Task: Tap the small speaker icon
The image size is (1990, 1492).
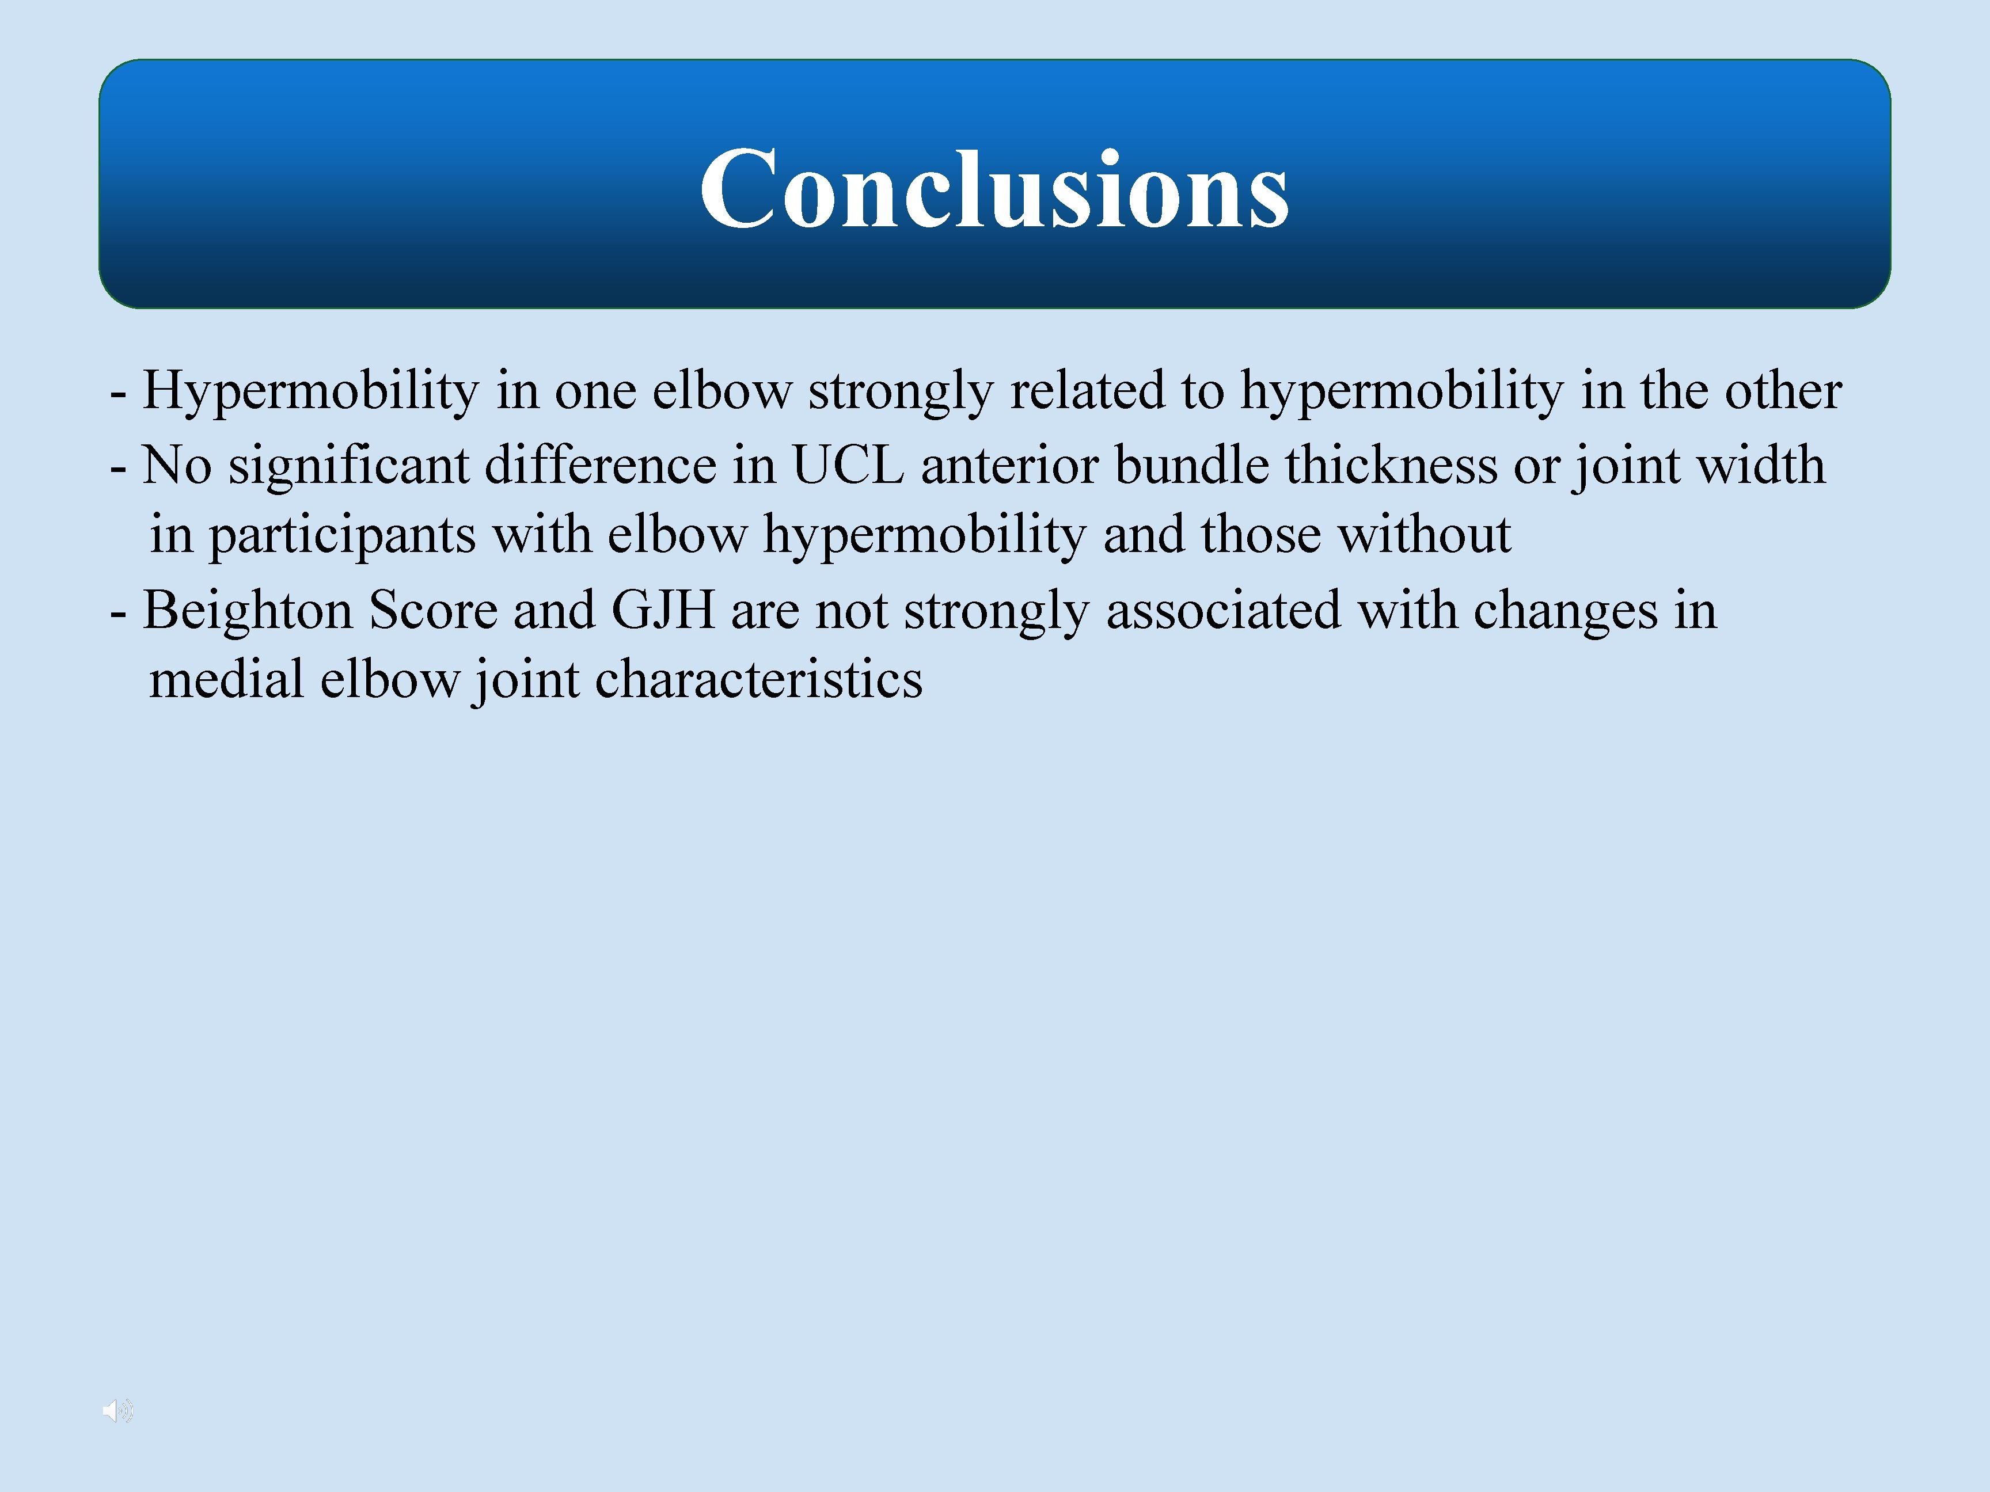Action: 117,1410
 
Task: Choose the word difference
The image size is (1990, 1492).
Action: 600,466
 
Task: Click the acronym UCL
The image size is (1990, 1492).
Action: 848,466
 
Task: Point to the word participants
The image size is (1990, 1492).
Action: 342,536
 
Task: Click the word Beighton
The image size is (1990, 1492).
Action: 248,611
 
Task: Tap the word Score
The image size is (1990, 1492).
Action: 433,611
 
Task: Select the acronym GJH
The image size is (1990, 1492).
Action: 663,611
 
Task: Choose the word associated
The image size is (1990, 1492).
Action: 1224,611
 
